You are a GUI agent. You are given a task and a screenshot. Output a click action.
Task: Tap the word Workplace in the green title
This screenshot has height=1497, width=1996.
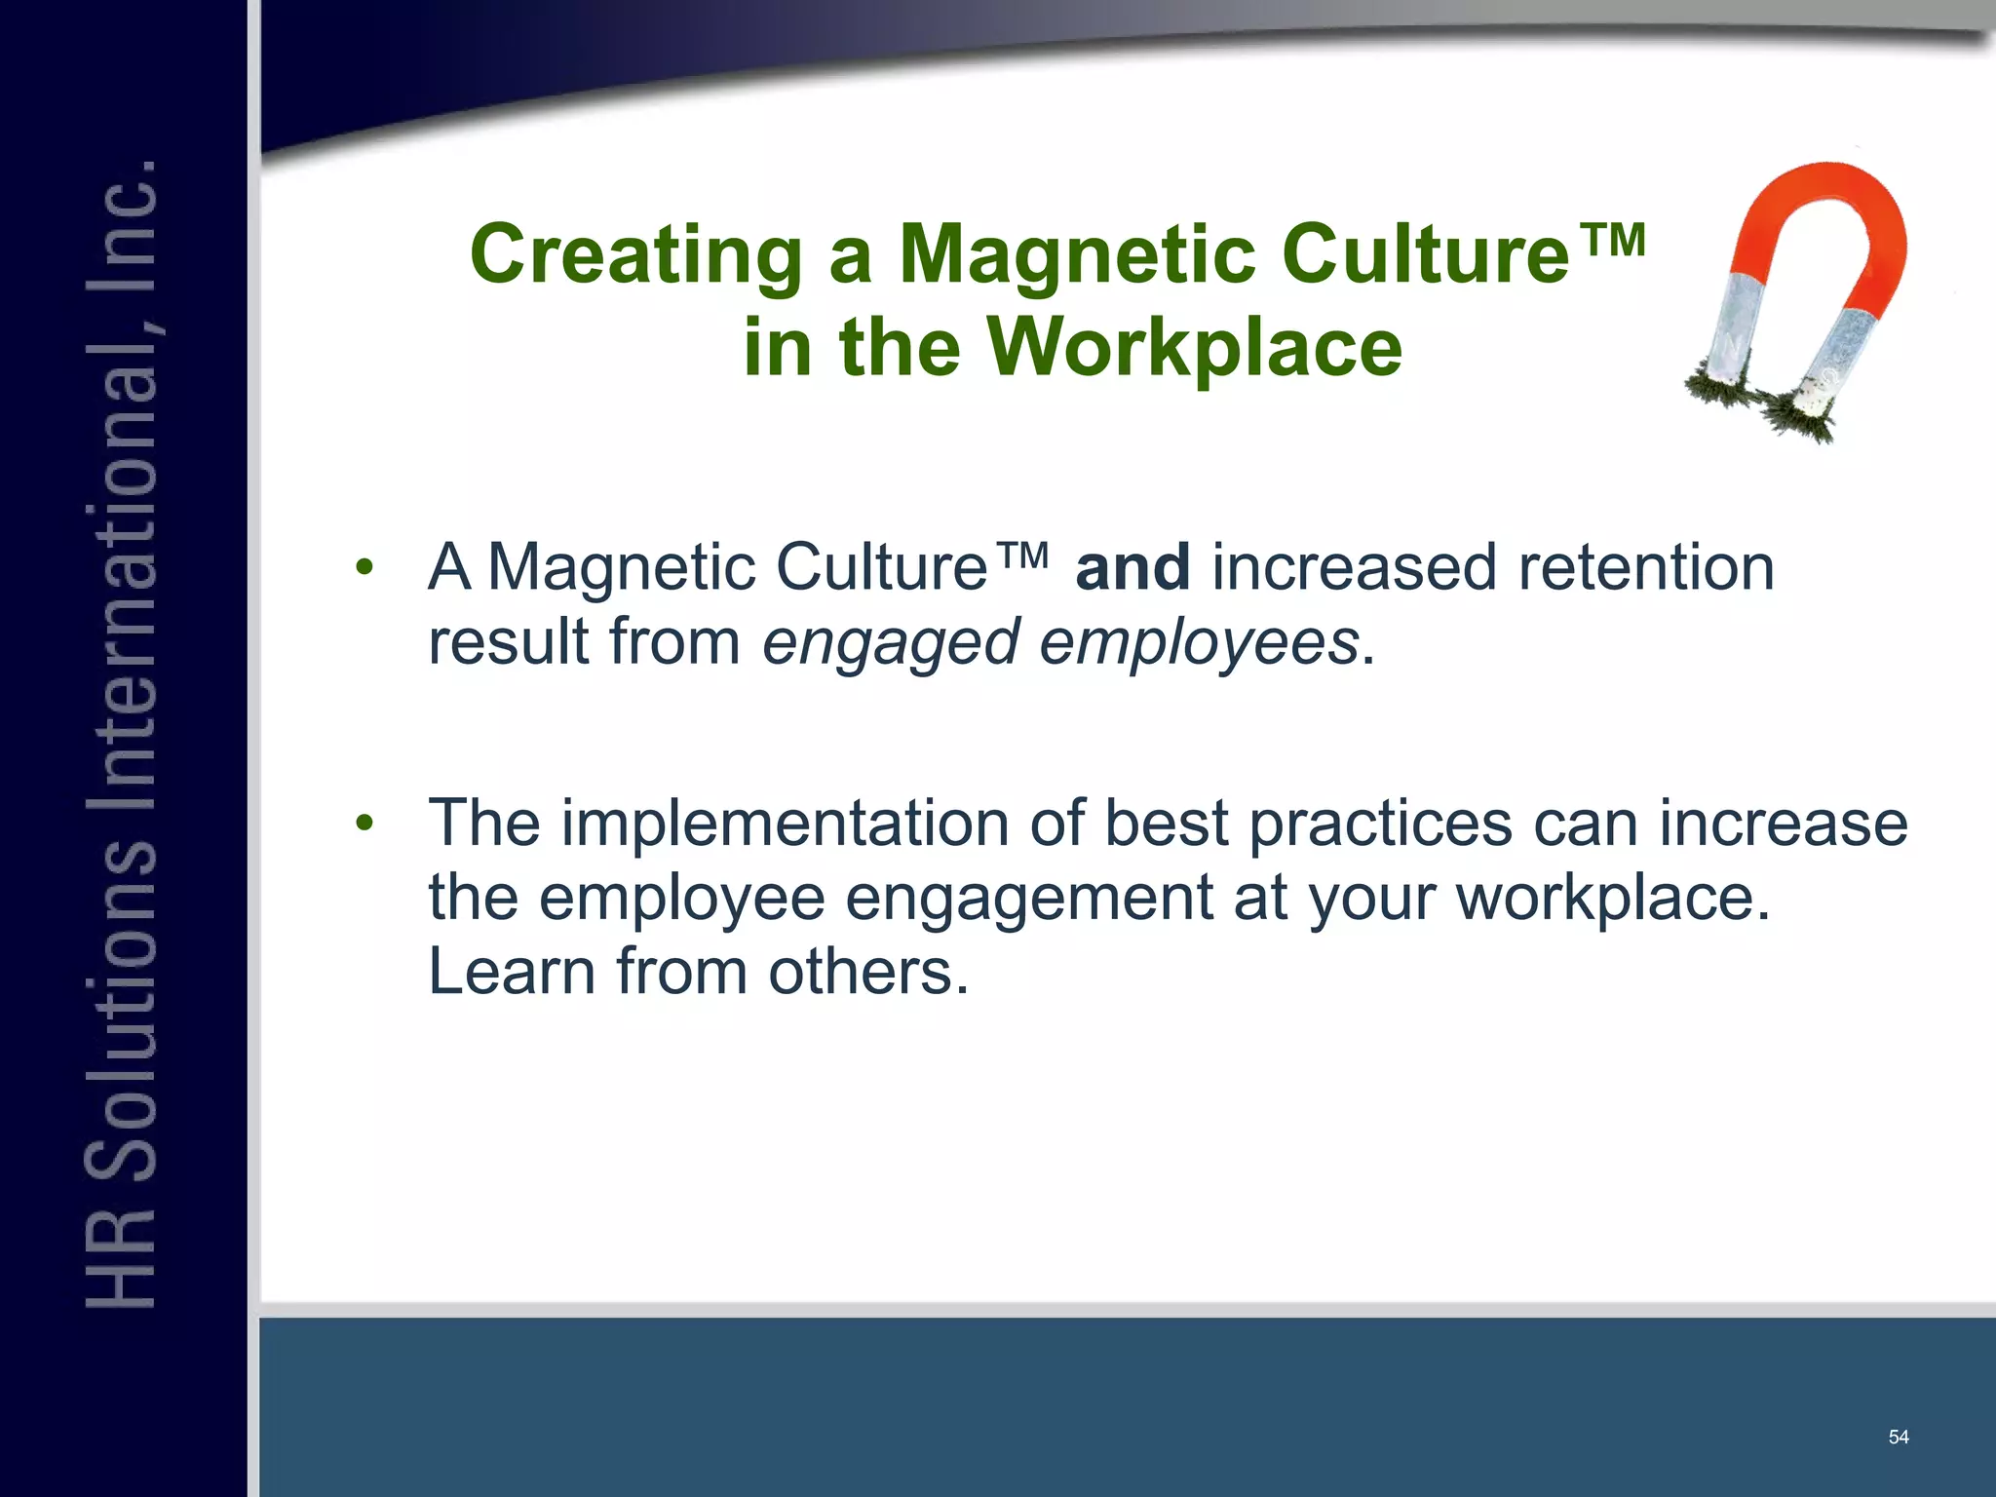1195,348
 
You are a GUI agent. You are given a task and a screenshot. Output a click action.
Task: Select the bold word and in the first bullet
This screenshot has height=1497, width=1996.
1132,567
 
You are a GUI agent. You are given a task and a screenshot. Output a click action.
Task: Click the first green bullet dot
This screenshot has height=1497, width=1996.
365,567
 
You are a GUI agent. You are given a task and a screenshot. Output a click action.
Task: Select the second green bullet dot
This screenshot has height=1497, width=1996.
365,824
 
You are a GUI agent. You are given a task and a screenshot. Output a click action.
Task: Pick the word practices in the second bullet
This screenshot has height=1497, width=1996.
1380,824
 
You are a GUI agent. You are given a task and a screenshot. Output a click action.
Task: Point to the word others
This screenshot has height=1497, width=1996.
867,972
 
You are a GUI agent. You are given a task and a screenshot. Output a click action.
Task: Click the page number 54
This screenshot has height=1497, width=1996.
1898,1437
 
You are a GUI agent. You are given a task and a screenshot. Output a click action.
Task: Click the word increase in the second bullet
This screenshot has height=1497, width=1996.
1783,824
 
